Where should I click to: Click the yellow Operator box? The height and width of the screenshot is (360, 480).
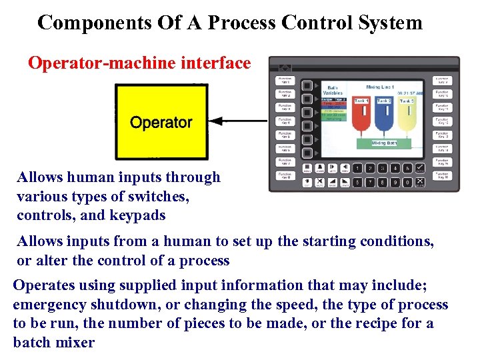click(x=161, y=121)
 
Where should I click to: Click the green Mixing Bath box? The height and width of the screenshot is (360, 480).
click(x=384, y=143)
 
